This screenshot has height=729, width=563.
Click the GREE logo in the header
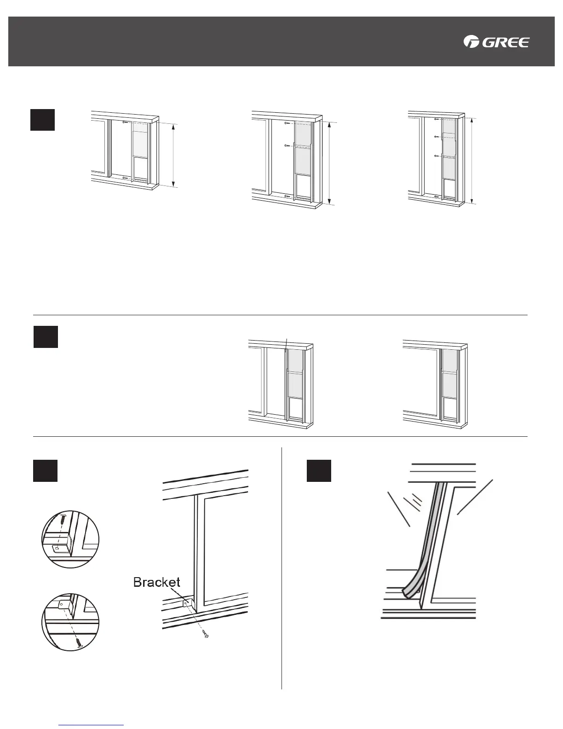pos(496,42)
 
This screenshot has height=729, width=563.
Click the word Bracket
pos(156,582)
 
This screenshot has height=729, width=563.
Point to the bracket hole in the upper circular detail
pos(56,548)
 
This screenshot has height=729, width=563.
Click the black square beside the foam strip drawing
pos(319,470)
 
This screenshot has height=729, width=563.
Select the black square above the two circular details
pos(45,470)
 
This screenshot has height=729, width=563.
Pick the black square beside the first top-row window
pos(42,120)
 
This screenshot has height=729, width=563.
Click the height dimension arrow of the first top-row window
pos(173,155)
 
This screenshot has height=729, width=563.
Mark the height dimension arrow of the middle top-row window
pos(330,162)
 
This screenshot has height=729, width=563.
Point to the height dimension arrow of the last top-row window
pos(472,160)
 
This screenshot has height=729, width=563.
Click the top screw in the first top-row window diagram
pos(125,122)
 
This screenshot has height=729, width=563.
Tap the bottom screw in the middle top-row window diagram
pos(287,197)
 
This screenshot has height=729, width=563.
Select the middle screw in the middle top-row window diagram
pos(287,145)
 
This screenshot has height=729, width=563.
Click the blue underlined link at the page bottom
pos(92,725)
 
